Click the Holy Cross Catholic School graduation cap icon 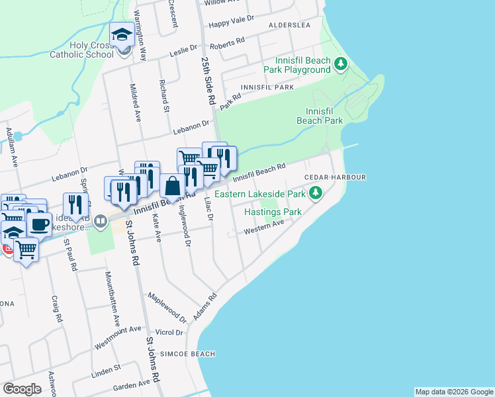(x=122, y=35)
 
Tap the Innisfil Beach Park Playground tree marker (x=341, y=64)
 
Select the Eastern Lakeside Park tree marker (x=316, y=193)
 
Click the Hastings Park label (x=273, y=212)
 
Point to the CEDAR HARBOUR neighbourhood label (x=335, y=178)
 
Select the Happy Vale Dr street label (x=232, y=20)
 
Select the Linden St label (x=107, y=367)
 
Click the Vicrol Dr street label (x=169, y=332)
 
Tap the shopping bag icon (x=172, y=186)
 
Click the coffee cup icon (x=40, y=224)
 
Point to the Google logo (x=22, y=390)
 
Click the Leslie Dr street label (x=185, y=48)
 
